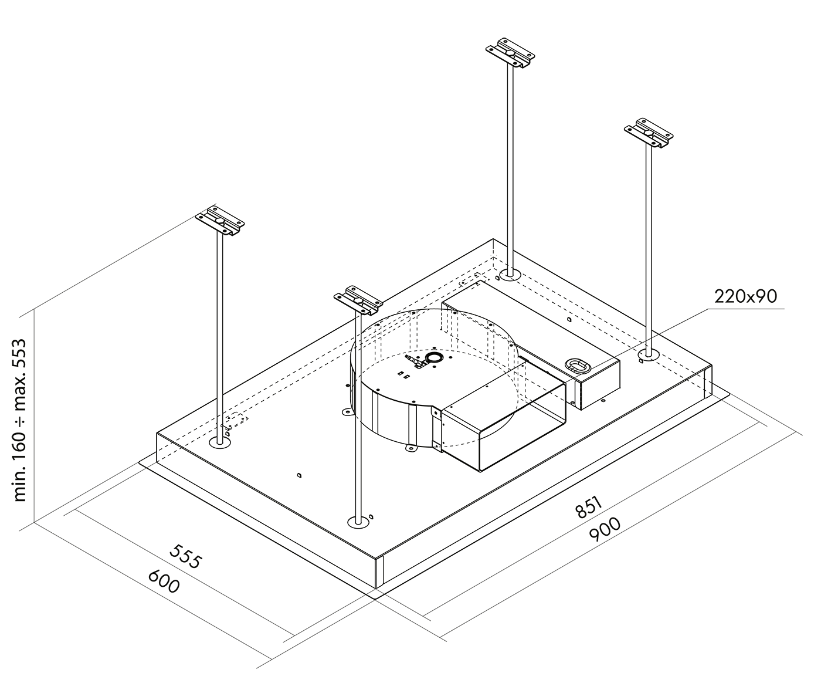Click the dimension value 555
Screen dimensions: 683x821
coord(185,556)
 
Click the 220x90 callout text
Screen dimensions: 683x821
coord(745,296)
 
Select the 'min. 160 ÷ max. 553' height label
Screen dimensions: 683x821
coord(21,419)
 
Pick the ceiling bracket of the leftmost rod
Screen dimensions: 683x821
coord(220,221)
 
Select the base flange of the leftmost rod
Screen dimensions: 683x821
coord(220,442)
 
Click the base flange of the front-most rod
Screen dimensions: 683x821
coord(358,521)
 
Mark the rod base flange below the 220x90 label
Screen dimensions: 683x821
coord(647,354)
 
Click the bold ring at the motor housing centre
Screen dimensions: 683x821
coord(434,357)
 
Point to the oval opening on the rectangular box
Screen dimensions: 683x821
coord(576,366)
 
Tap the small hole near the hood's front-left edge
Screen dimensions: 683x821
coord(300,475)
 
